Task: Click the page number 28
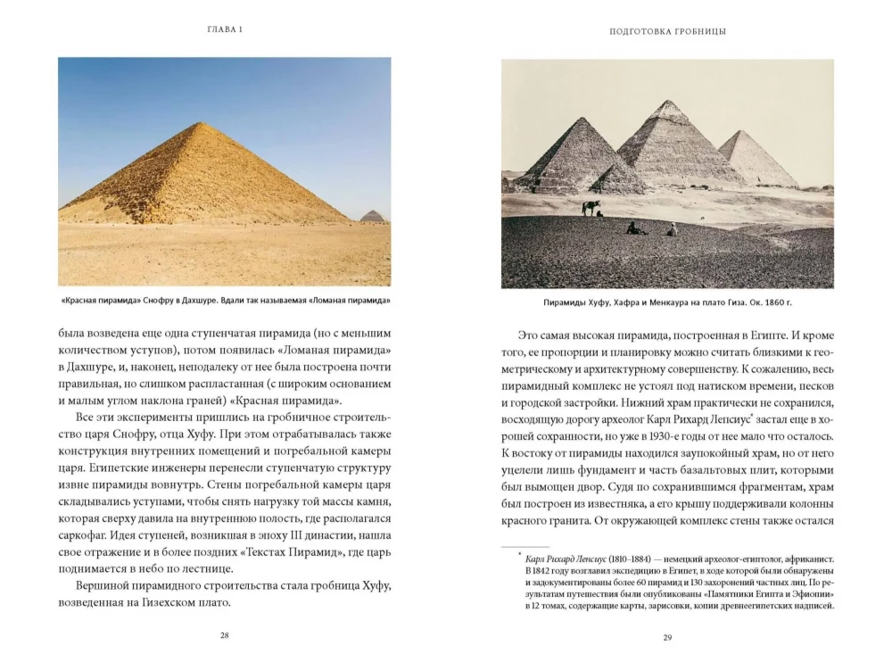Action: (x=224, y=635)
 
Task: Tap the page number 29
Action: (x=667, y=636)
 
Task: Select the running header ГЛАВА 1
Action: (x=224, y=29)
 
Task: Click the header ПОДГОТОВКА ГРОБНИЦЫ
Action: (x=667, y=30)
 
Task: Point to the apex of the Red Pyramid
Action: (x=204, y=123)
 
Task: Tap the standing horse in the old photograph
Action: (x=590, y=208)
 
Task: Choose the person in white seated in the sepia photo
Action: (x=671, y=229)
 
